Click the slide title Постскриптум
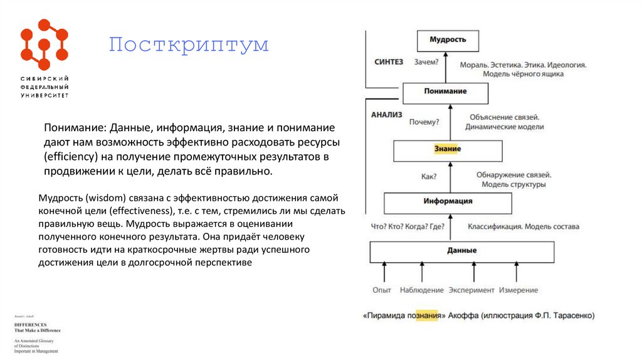188,45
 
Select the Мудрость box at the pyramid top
448,40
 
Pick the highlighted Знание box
448,149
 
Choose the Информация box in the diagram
448,202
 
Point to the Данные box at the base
462,251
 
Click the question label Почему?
424,121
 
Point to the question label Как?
429,177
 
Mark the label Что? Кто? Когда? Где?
408,226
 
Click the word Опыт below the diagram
382,290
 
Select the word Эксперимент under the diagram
472,290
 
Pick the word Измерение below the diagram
518,290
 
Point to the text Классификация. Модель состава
523,226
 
